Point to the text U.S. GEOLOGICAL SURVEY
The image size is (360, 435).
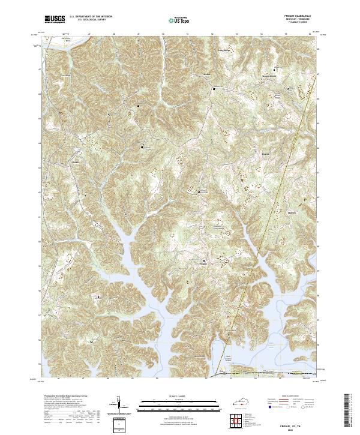point(90,21)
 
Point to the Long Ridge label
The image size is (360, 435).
point(223,52)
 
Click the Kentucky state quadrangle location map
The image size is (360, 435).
point(239,401)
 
